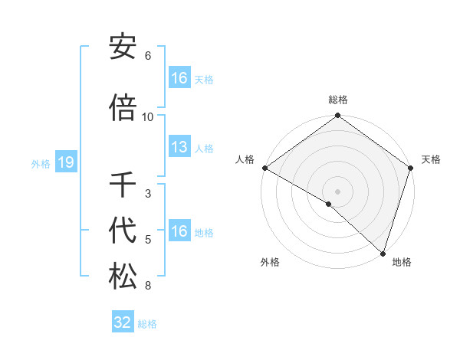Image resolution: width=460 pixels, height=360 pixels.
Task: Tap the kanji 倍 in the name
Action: pyautogui.click(x=123, y=108)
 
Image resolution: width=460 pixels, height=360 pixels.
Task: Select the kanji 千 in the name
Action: pyautogui.click(x=123, y=185)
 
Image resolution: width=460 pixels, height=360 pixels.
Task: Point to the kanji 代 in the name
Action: pyautogui.click(x=123, y=231)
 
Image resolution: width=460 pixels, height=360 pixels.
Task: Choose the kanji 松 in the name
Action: pyautogui.click(x=123, y=277)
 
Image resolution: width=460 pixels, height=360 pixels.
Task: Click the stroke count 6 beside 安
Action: pyautogui.click(x=148, y=56)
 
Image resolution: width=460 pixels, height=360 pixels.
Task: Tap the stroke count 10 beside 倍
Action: pyautogui.click(x=148, y=117)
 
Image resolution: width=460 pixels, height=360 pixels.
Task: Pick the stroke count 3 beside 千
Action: pyautogui.click(x=148, y=194)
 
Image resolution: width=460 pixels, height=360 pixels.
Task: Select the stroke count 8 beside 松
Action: pyautogui.click(x=148, y=286)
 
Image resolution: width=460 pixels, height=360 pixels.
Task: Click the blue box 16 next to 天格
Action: pyautogui.click(x=179, y=78)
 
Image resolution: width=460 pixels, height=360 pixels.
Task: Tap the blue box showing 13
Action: pyautogui.click(x=179, y=147)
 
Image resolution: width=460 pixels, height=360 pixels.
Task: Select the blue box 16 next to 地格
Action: pyautogui.click(x=179, y=231)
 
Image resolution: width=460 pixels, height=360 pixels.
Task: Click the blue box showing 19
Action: pyautogui.click(x=66, y=162)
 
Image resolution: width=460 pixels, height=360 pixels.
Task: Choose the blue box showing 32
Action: pyautogui.click(x=123, y=322)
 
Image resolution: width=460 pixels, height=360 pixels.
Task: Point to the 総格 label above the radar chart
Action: pyautogui.click(x=338, y=100)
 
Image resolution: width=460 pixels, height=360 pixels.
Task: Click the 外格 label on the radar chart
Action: pyautogui.click(x=270, y=262)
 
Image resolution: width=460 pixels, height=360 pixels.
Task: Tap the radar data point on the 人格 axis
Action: pyautogui.click(x=264, y=168)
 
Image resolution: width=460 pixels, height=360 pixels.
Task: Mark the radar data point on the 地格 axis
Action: pyautogui.click(x=383, y=253)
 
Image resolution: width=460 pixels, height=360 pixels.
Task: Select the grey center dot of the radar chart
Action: pyautogui.click(x=337, y=191)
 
